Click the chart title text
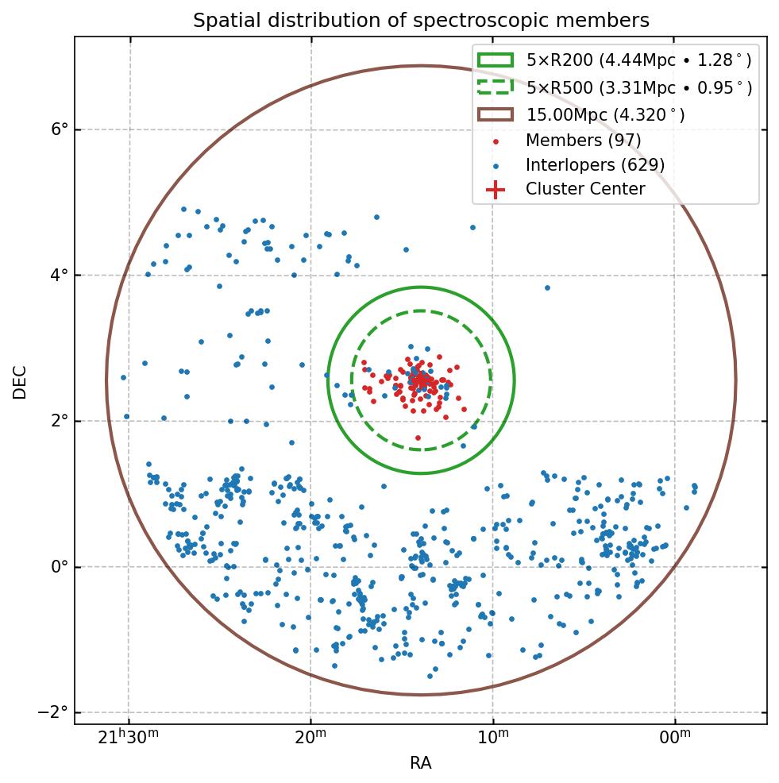421,21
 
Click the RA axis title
421,763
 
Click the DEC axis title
20,381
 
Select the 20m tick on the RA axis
311,738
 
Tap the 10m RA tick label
493,738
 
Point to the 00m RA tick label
675,738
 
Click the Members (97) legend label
583,141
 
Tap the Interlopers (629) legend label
595,165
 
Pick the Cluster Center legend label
585,189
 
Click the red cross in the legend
496,189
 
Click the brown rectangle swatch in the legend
496,114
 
